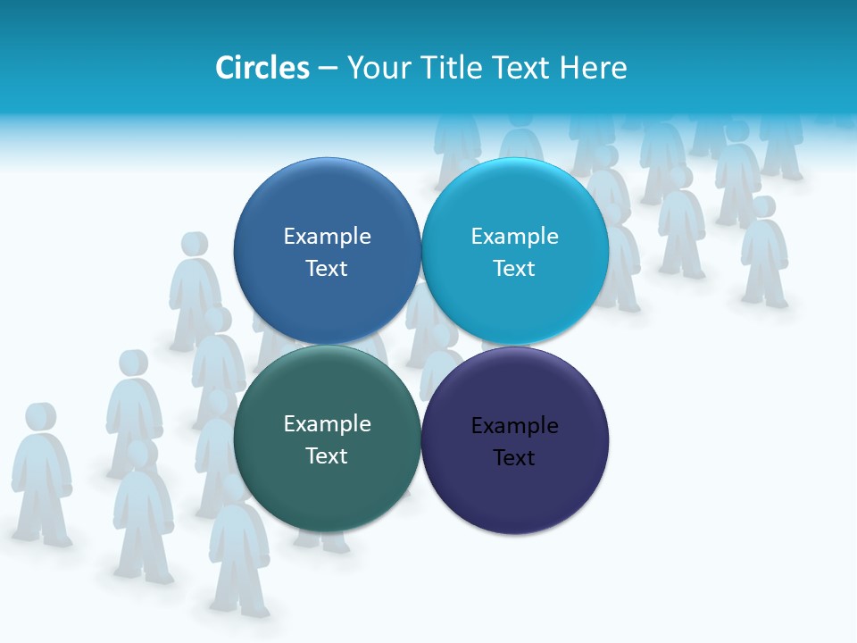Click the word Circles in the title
click(262, 68)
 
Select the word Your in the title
click(378, 68)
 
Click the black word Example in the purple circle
click(515, 426)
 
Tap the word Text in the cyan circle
click(514, 269)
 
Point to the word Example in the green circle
click(327, 424)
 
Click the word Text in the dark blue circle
click(327, 269)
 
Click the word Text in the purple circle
click(514, 458)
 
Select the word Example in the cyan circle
click(515, 237)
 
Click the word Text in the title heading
click(522, 68)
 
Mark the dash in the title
click(328, 69)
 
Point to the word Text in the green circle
click(327, 456)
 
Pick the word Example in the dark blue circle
click(327, 237)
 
